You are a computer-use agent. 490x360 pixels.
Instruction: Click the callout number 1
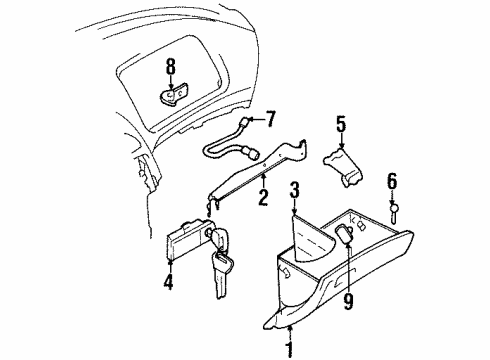[289, 350]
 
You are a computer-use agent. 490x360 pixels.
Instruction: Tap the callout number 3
[293, 190]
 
